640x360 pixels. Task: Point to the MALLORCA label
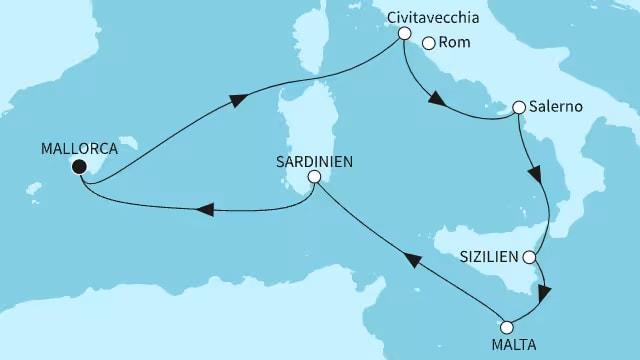tap(79, 149)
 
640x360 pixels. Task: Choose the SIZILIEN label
tap(490, 257)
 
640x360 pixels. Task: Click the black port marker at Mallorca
tap(78, 167)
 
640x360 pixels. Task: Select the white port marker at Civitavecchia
tap(404, 33)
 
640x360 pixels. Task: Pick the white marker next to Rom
tap(428, 43)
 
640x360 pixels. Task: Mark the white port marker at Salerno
tap(519, 107)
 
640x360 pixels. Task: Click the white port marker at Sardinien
tap(314, 176)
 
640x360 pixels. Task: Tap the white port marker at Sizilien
tap(530, 257)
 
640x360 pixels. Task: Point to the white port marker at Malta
tap(506, 326)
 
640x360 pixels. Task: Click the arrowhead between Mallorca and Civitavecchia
tap(238, 100)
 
